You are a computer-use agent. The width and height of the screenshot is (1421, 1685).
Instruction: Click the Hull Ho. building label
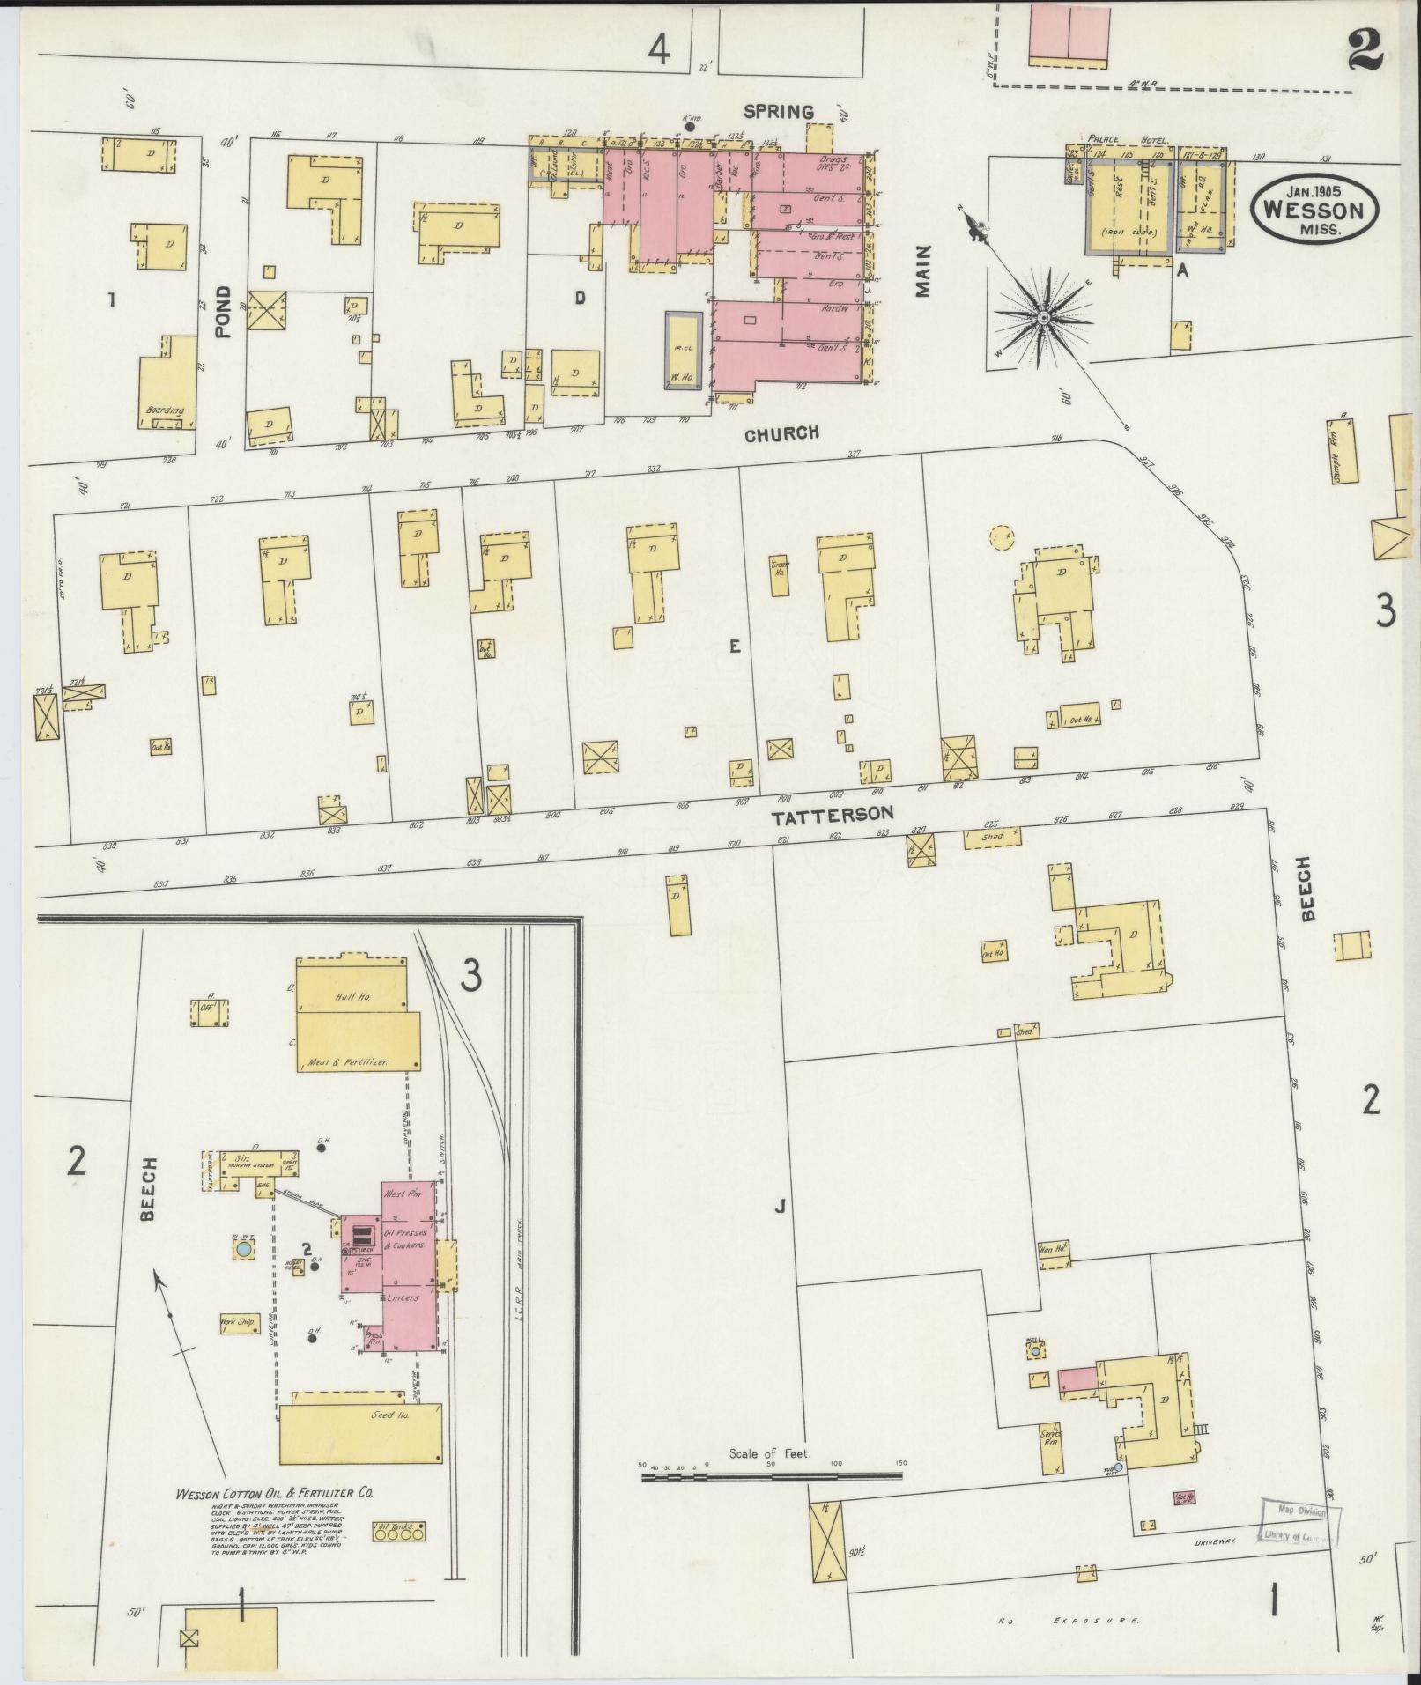(x=352, y=996)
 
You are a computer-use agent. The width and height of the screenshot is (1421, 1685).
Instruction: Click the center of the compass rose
(x=1043, y=317)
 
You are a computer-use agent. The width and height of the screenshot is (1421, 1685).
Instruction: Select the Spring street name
(x=777, y=112)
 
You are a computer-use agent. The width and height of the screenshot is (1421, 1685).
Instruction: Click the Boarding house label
(x=166, y=410)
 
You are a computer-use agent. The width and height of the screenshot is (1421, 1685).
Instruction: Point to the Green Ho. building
(x=779, y=566)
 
